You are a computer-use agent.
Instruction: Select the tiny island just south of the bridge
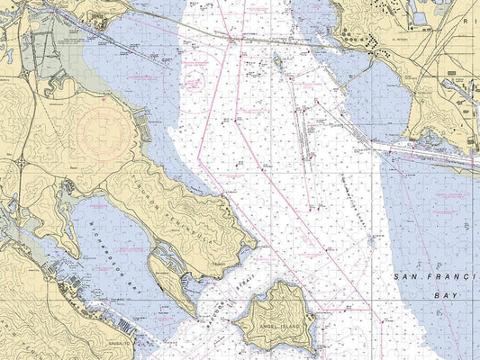click(278, 60)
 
